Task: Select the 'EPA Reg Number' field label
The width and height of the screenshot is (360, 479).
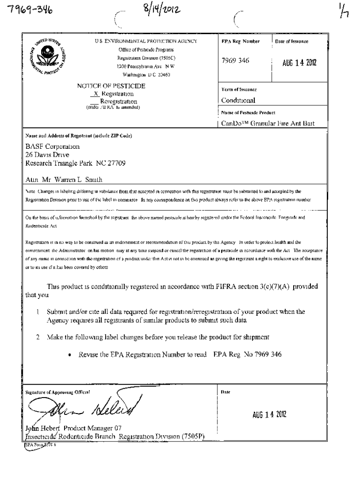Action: point(240,42)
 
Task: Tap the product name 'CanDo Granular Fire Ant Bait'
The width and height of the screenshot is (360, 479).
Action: point(267,123)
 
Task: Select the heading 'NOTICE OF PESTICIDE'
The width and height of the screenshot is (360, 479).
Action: point(111,86)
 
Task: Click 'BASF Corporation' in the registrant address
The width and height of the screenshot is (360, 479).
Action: point(53,146)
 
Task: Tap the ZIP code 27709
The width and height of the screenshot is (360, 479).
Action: point(116,163)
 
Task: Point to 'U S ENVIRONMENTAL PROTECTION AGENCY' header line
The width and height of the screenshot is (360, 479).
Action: point(145,42)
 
